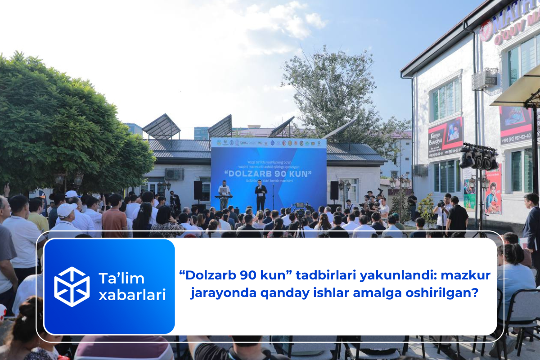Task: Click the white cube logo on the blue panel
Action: (x=72, y=287)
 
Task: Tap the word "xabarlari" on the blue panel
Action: (x=132, y=295)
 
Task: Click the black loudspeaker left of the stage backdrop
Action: (x=198, y=190)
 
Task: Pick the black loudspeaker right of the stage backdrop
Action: (x=334, y=190)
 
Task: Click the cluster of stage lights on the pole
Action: (x=478, y=157)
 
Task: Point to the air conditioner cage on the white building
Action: (x=485, y=79)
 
